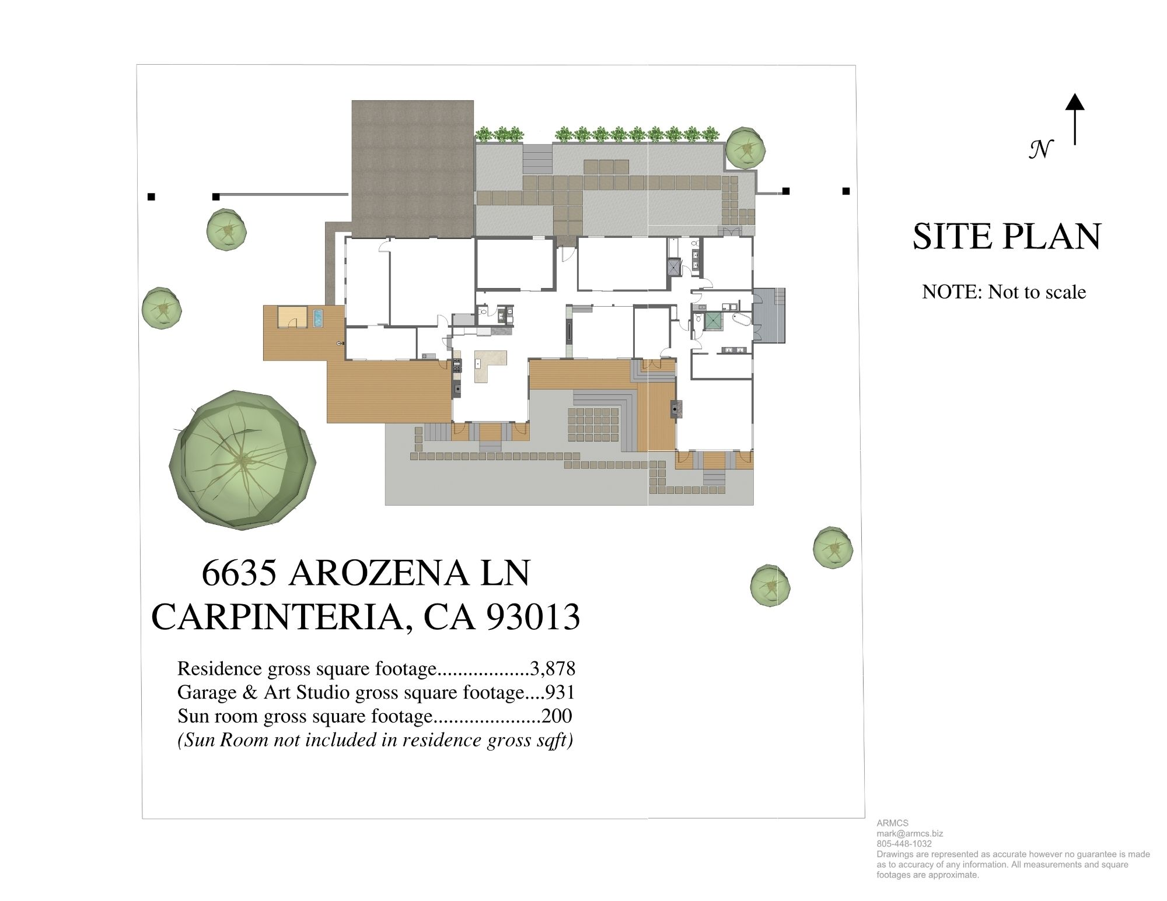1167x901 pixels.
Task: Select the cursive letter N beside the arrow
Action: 1040,149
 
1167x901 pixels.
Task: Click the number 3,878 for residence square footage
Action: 552,668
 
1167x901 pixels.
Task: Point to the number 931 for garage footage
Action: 560,692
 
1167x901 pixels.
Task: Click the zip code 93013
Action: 533,617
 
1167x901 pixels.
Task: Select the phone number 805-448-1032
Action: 904,844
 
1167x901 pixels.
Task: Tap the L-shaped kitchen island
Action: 488,365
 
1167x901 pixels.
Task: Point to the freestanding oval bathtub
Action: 742,320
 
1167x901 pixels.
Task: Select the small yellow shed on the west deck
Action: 291,317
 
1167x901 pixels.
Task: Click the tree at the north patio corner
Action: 745,148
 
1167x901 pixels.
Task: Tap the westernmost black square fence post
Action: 151,197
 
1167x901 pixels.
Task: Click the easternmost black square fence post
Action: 846,191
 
